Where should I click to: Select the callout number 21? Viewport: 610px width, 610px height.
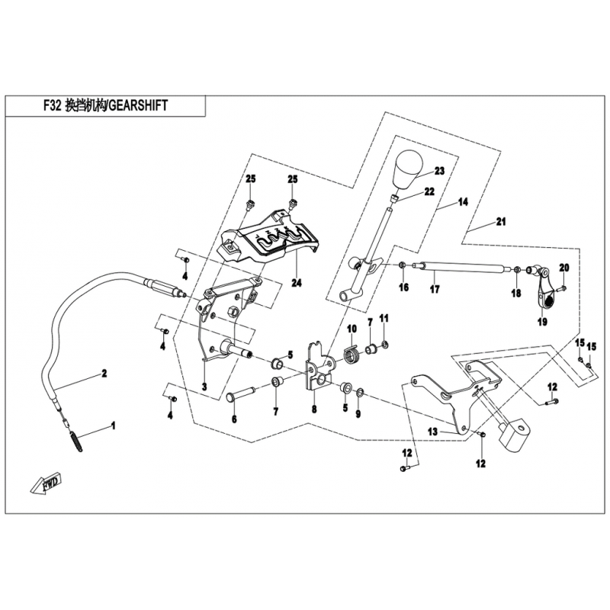pos(500,222)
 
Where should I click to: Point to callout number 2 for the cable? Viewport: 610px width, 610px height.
pos(105,374)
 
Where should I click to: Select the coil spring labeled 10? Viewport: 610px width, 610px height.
pos(352,355)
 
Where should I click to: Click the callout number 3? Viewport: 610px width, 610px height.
pos(204,386)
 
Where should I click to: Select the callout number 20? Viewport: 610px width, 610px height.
pos(564,267)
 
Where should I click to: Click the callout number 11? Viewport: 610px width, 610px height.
pos(384,317)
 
